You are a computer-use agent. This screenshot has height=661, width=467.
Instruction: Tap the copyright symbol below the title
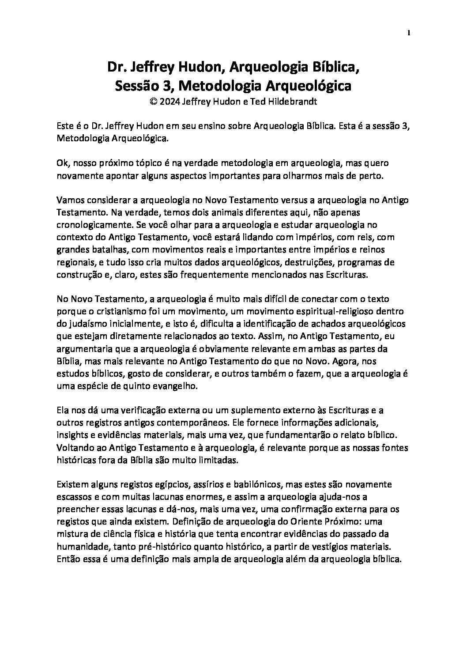[x=154, y=101]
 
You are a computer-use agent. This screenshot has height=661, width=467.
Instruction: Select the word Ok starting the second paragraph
[x=62, y=163]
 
